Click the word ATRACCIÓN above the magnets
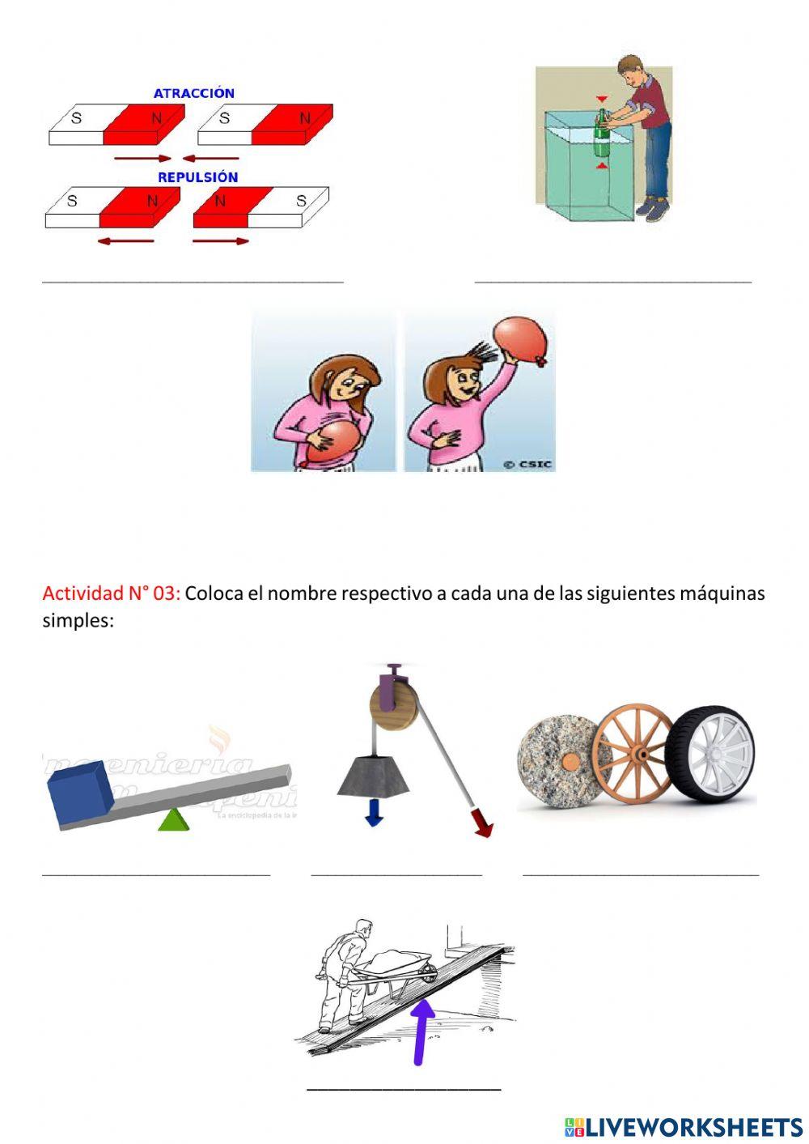click(x=194, y=93)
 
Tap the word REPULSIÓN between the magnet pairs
click(x=197, y=177)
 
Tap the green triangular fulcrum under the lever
click(x=173, y=820)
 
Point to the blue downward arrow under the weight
click(x=373, y=813)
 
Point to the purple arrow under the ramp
click(x=421, y=1032)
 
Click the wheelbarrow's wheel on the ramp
click(x=427, y=976)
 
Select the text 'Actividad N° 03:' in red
click(x=111, y=593)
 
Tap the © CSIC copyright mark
click(x=527, y=464)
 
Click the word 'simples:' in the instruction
click(x=78, y=621)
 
